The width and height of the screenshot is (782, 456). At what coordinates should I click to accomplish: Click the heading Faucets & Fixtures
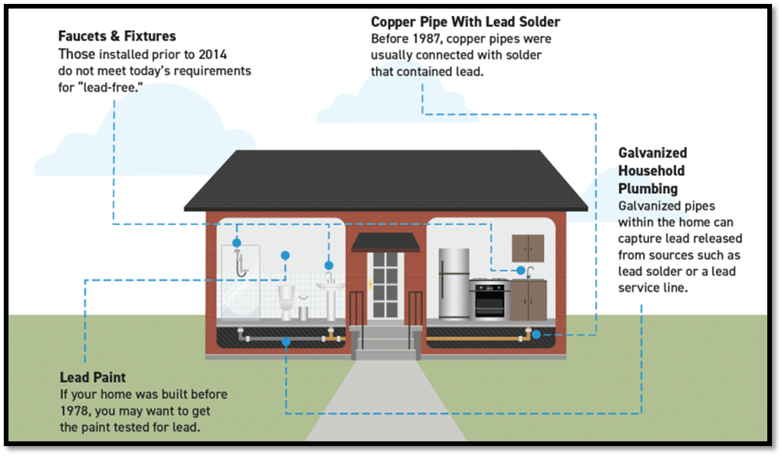pos(117,37)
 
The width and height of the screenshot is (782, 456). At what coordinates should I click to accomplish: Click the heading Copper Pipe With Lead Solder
pos(465,22)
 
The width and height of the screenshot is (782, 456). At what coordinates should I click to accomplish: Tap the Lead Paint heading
pos(93,377)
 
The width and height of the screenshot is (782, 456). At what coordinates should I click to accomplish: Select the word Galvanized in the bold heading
pos(652,153)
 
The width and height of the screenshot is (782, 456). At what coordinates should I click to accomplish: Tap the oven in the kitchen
pos(491,301)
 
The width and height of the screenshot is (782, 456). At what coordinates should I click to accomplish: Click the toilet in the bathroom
pos(286,302)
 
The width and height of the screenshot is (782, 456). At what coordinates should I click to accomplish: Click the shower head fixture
pos(242,261)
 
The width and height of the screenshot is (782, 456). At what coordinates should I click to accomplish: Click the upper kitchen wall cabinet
pos(528,248)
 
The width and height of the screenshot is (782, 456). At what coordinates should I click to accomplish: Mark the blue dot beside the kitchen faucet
pos(521,270)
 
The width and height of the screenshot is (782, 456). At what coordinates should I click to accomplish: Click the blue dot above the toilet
pos(286,255)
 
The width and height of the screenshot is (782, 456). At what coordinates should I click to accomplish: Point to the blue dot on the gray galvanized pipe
pos(286,341)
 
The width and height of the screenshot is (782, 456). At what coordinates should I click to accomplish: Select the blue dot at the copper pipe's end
pos(536,335)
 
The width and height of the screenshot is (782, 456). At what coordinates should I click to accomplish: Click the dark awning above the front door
pos(385,242)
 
